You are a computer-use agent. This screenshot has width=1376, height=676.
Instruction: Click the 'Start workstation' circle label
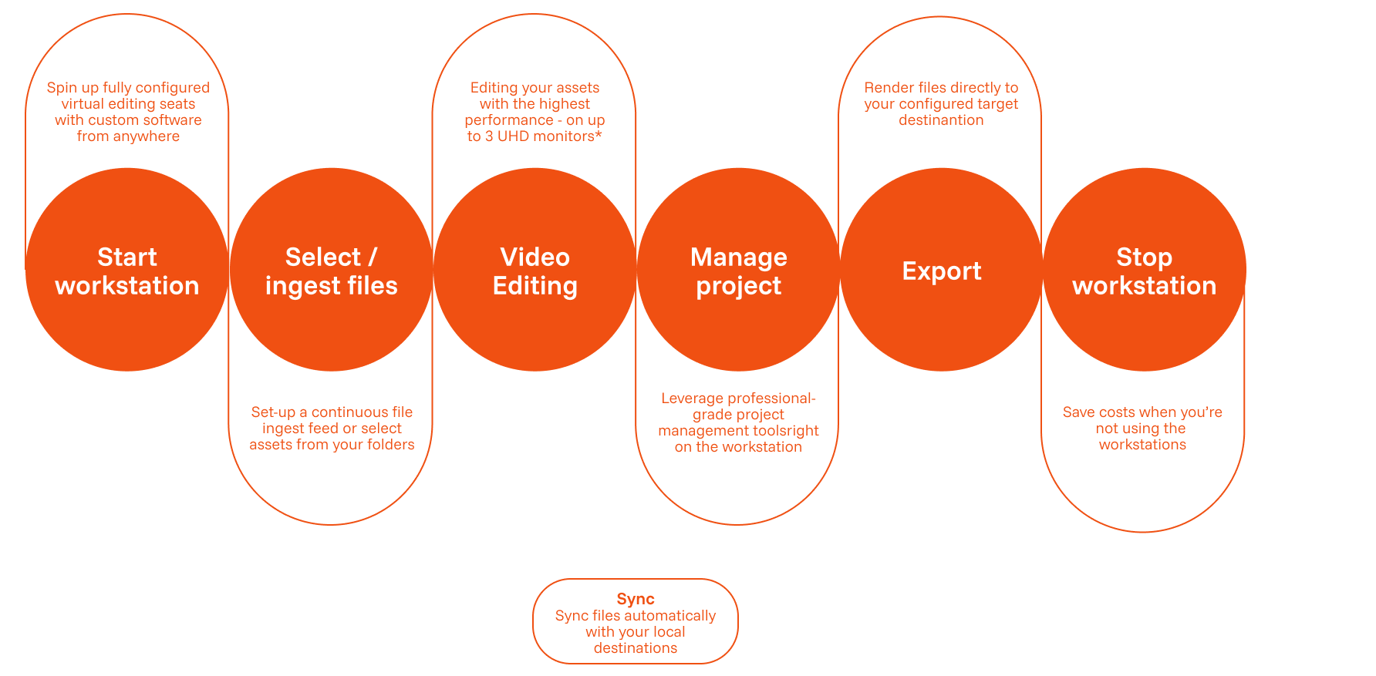tap(127, 271)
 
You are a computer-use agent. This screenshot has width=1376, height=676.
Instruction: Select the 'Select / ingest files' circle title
tap(331, 271)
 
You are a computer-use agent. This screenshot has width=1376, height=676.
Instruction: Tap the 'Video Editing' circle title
tap(535, 271)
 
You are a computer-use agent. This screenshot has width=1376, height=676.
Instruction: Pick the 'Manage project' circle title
tap(738, 271)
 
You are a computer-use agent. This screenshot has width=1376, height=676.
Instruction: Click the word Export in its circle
tap(941, 271)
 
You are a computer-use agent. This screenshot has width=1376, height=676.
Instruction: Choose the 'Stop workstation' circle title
tap(1144, 271)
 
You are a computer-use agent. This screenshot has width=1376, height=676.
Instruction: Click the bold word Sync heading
tap(636, 599)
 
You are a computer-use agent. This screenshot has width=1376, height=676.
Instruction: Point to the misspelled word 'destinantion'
tap(941, 120)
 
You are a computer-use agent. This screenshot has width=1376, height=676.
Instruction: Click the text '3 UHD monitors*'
tap(543, 136)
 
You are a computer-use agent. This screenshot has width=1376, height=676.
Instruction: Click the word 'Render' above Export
tap(889, 88)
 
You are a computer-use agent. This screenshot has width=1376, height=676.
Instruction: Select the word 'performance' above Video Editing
tap(508, 120)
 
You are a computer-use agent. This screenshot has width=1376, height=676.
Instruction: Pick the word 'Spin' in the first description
tap(61, 88)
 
